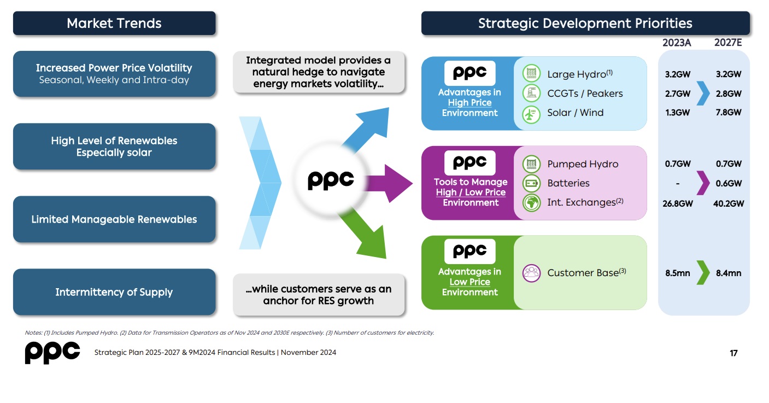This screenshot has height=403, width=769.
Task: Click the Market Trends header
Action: [114, 24]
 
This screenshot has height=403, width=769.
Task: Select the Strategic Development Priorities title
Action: [585, 24]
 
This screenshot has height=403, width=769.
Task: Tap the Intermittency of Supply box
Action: [114, 292]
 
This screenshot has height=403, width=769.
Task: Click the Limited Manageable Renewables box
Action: [114, 219]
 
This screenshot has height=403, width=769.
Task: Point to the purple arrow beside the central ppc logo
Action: [388, 183]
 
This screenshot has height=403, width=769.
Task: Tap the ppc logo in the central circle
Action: [331, 180]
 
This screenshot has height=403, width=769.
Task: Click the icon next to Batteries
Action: [531, 183]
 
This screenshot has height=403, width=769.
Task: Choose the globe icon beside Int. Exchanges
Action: [531, 203]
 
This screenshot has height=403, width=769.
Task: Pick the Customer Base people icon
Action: [531, 273]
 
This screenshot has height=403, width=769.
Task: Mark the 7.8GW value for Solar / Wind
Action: [729, 112]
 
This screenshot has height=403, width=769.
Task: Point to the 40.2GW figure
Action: [729, 204]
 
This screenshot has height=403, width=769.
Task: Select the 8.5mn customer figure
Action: [677, 273]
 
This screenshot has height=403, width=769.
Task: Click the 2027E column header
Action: [728, 43]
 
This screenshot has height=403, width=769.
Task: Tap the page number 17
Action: [733, 353]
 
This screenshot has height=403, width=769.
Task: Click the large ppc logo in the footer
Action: [52, 353]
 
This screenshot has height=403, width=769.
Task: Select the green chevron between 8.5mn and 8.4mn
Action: [703, 273]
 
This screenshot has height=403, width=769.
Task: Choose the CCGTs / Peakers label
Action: [585, 94]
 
